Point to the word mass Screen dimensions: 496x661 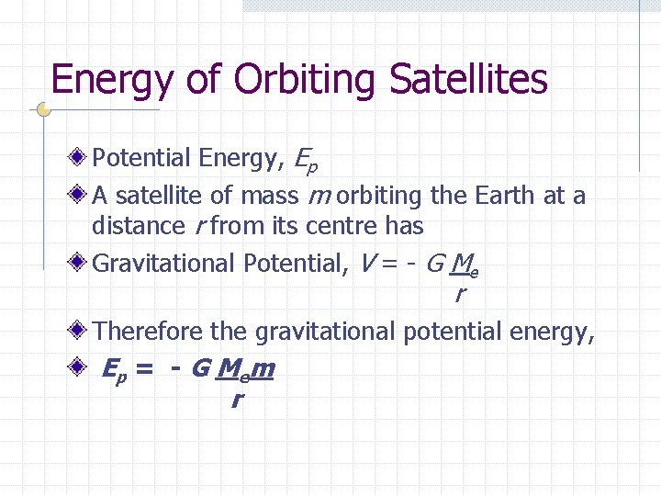tap(269, 196)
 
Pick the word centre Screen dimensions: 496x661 tap(342, 226)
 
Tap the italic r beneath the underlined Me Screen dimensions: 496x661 tap(459, 295)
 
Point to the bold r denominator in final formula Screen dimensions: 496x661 tap(237, 400)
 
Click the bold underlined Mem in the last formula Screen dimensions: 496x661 tap(245, 370)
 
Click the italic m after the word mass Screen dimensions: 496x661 tap(319, 197)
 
